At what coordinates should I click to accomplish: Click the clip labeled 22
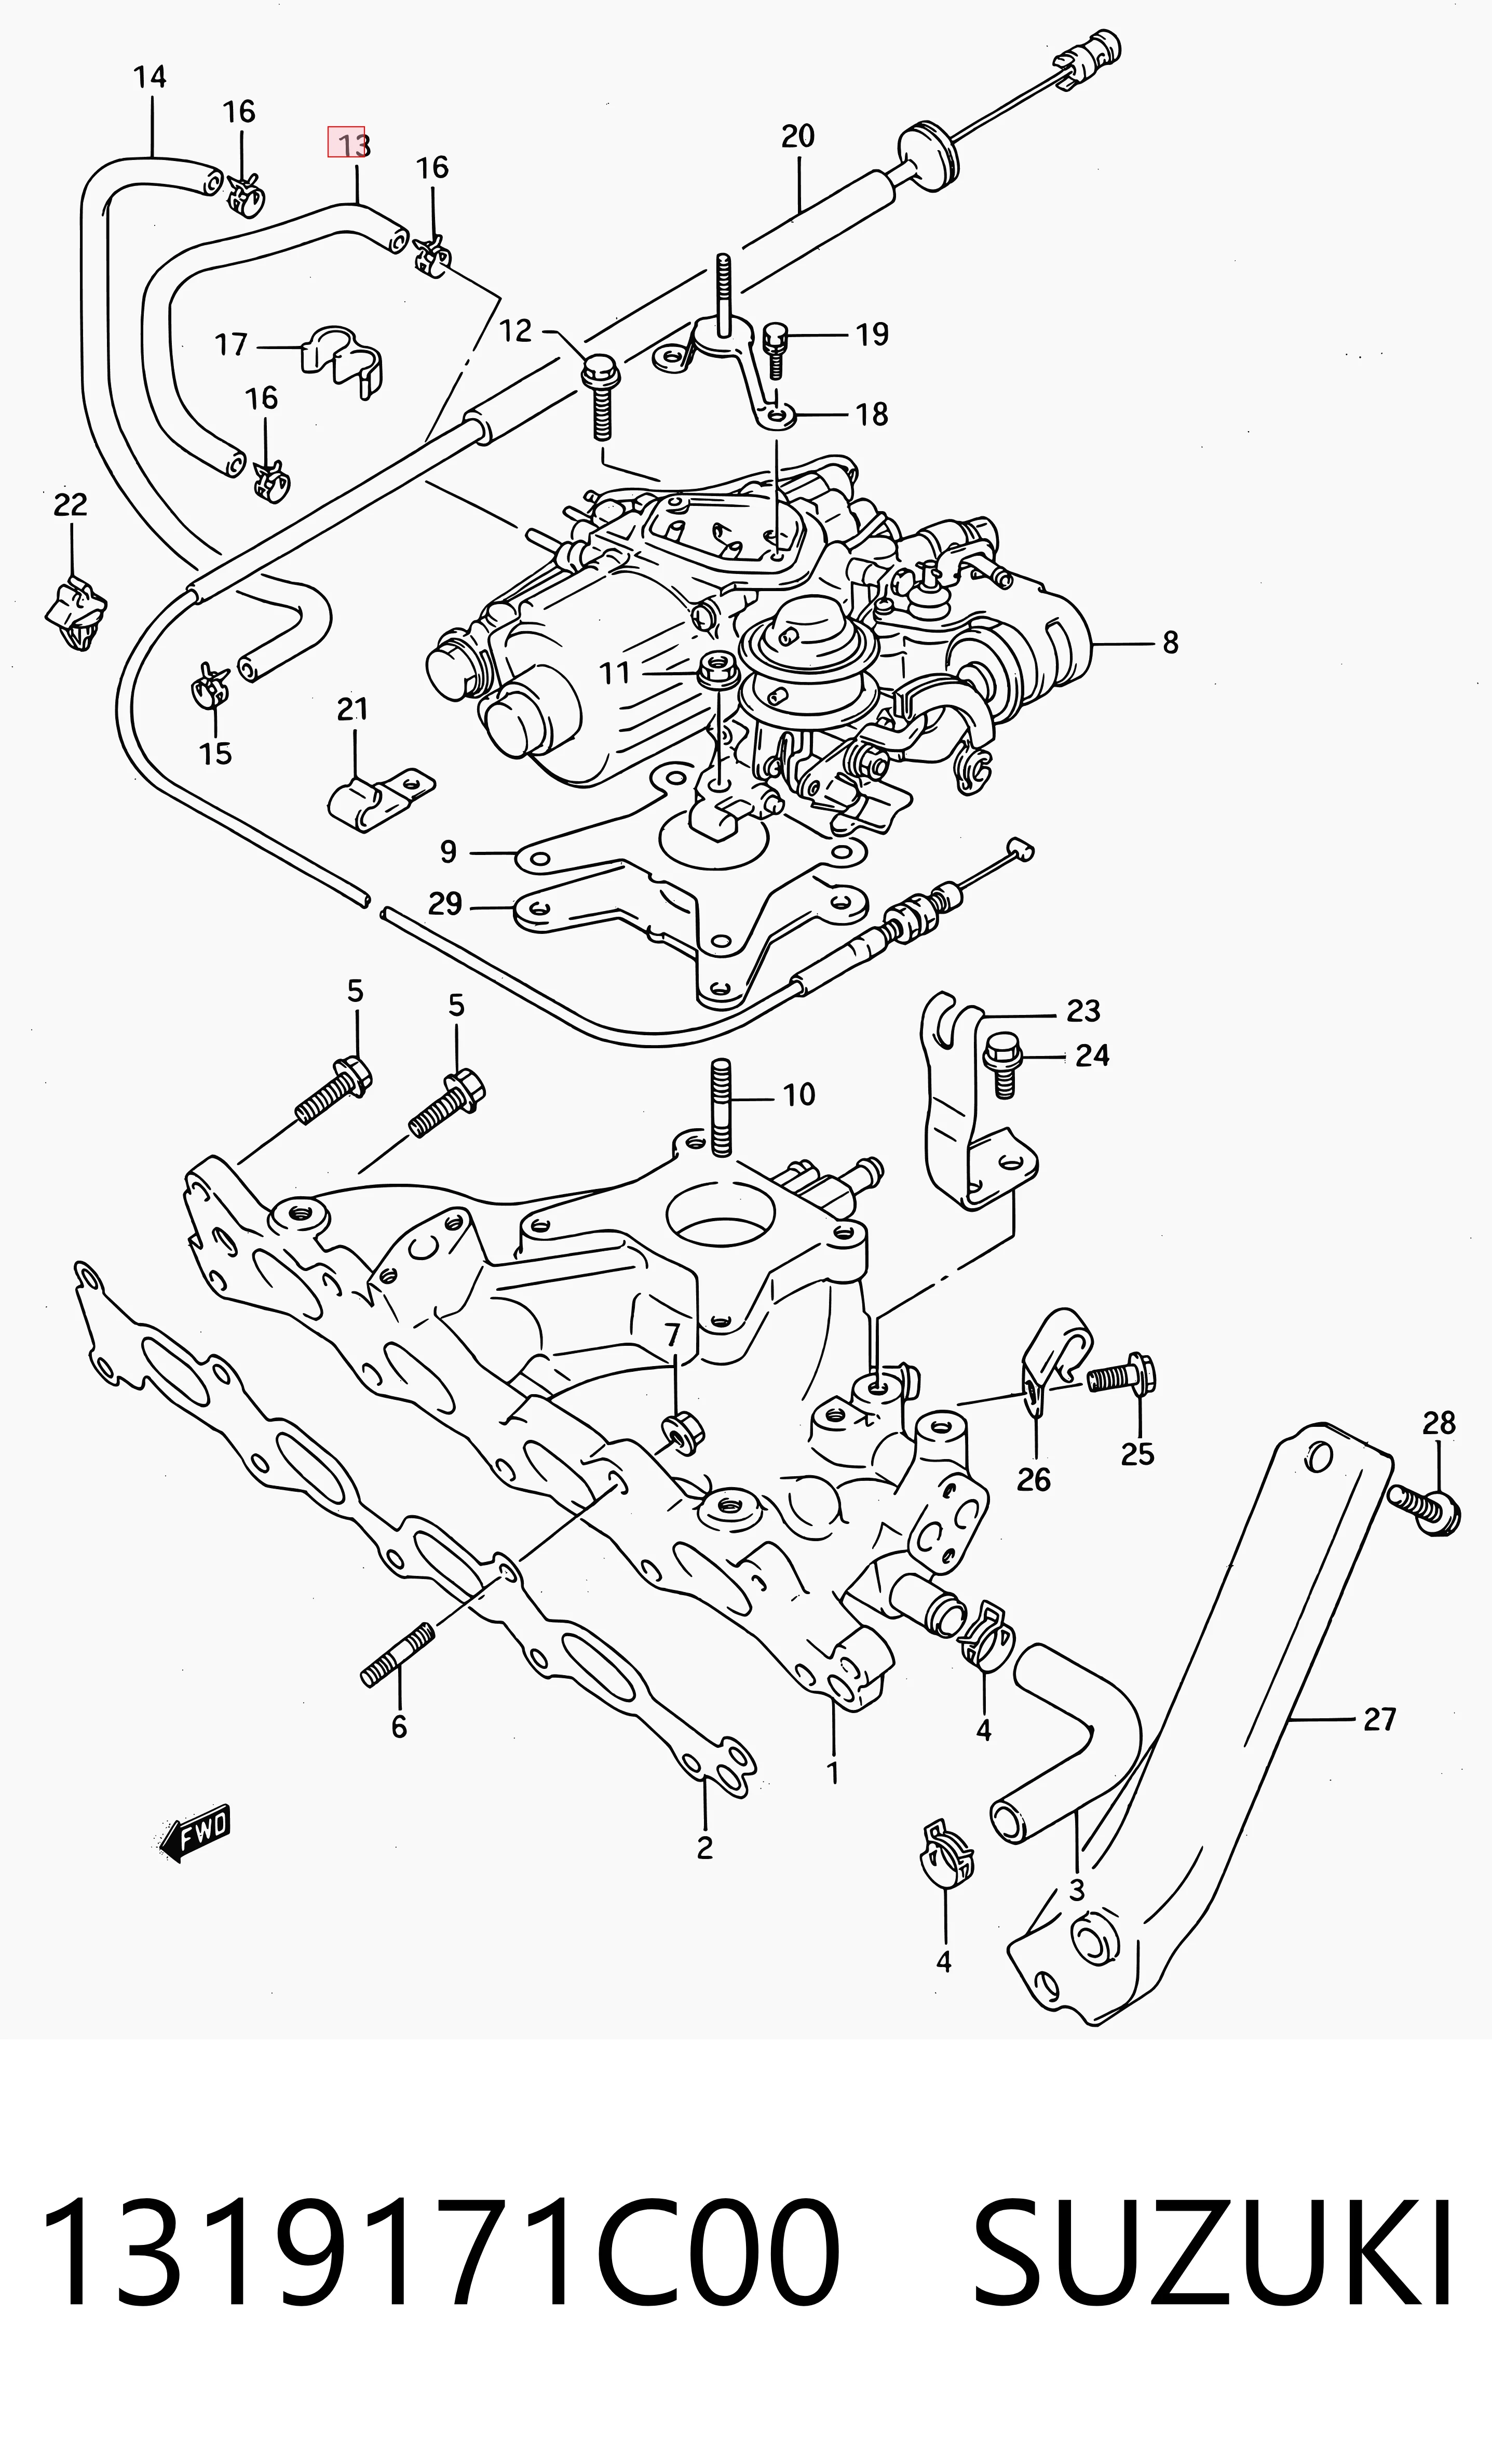click(76, 613)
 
